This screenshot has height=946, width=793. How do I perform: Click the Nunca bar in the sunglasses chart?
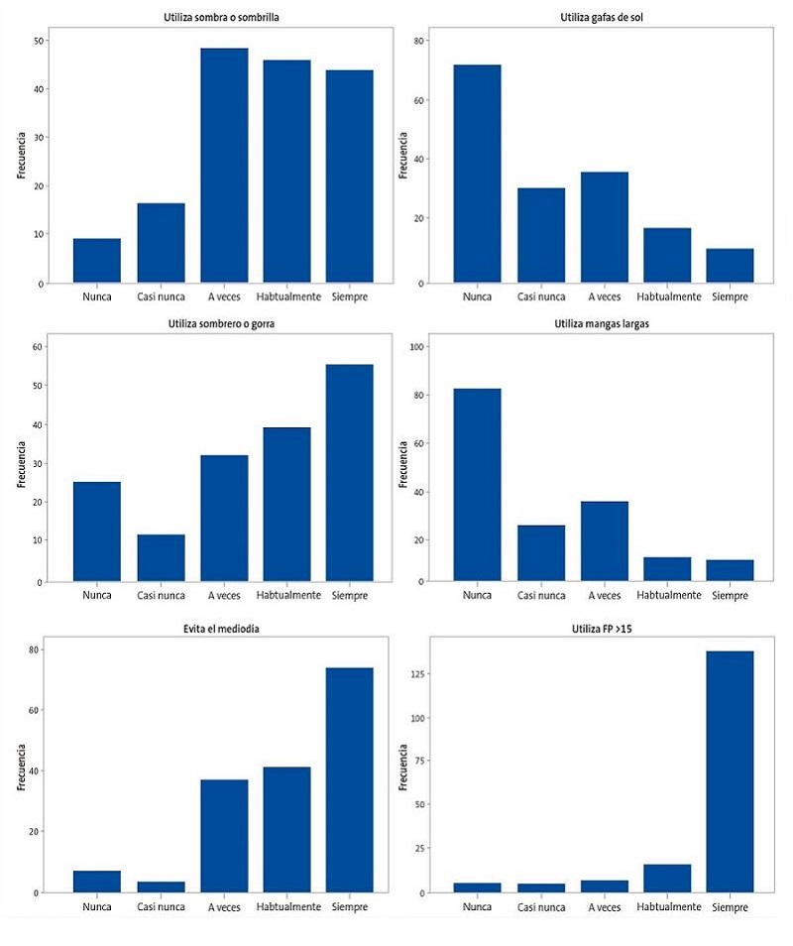click(x=477, y=174)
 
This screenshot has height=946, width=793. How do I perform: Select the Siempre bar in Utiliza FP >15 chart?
click(x=730, y=771)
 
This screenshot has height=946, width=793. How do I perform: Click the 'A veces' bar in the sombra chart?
click(x=224, y=166)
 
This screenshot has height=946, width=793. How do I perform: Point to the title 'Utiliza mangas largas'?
click(x=603, y=322)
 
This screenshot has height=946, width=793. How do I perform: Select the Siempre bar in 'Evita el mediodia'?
click(x=349, y=780)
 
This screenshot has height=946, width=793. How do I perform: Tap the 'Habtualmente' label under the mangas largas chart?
click(x=667, y=595)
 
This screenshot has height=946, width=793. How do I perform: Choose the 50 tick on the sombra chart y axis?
click(x=39, y=41)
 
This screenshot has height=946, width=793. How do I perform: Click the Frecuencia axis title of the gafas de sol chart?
click(x=403, y=154)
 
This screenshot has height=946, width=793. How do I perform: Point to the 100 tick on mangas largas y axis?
click(x=417, y=346)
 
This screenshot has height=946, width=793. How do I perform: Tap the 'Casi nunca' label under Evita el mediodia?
click(x=161, y=906)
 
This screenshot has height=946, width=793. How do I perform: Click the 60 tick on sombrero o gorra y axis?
click(x=39, y=346)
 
